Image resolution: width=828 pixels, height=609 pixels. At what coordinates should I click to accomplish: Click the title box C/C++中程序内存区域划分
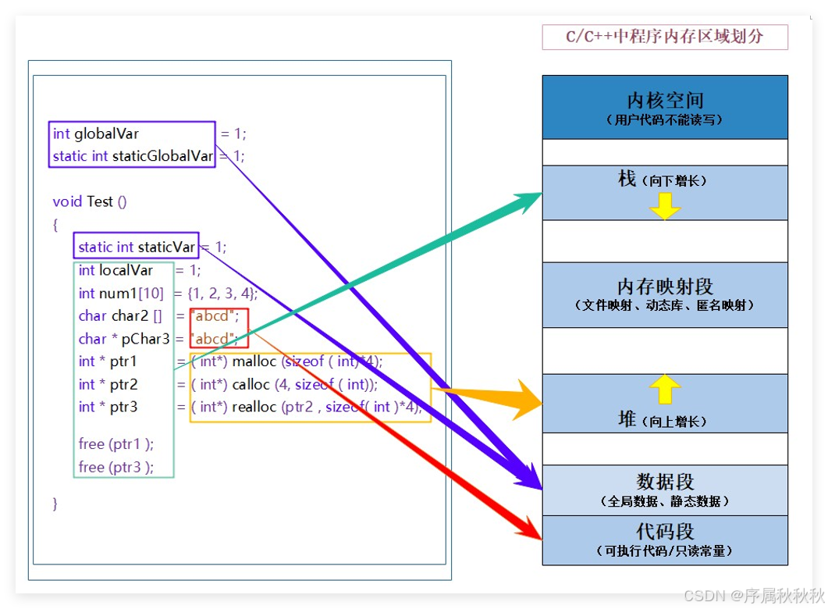coord(664,37)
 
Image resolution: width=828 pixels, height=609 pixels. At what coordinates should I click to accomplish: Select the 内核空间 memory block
coord(665,101)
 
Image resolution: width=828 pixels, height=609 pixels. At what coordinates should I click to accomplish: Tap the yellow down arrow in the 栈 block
coord(665,205)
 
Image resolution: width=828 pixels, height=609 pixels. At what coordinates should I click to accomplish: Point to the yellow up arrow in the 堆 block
coord(665,389)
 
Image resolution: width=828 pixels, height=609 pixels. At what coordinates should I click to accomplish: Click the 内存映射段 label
coord(665,287)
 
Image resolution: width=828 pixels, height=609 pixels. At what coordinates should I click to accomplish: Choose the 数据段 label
coord(665,482)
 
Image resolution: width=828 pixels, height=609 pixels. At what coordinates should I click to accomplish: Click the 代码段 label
coord(665,532)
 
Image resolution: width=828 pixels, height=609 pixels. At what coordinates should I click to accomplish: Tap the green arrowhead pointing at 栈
coord(531,198)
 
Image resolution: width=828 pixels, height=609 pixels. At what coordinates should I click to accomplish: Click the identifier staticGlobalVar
coord(162,156)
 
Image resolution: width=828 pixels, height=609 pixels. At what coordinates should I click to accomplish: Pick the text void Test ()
coord(90,201)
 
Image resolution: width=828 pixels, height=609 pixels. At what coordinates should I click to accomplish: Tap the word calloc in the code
coord(251,384)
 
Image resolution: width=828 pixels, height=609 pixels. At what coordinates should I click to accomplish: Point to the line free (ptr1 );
coord(116,443)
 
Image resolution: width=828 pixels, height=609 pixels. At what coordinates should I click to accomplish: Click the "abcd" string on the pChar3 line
coord(215,339)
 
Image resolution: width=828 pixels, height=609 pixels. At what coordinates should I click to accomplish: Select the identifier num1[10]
coord(121,294)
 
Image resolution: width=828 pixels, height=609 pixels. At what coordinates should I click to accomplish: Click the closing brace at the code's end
coord(55,504)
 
